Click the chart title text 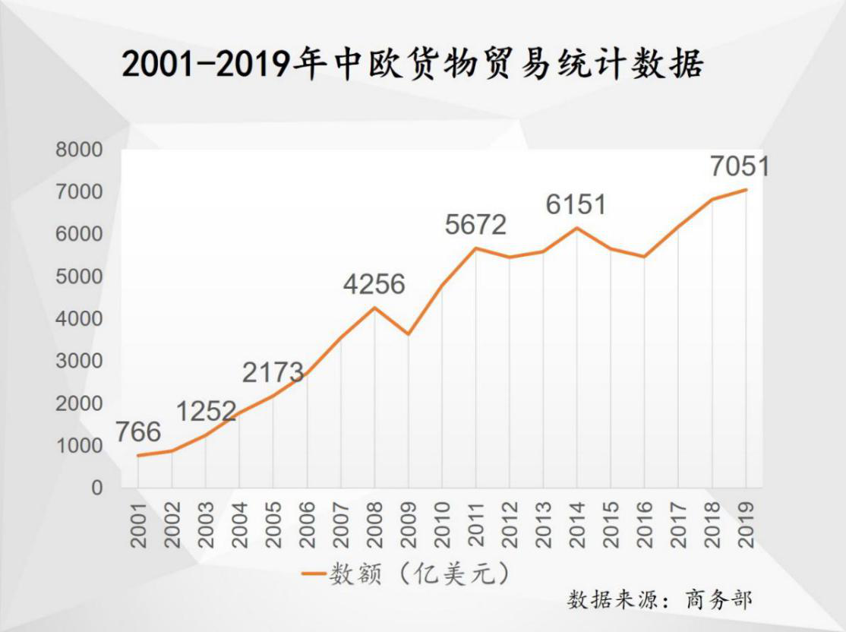(x=412, y=65)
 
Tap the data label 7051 (x=740, y=166)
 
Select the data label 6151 (x=576, y=204)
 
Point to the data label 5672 (x=476, y=225)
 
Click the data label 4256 (x=374, y=285)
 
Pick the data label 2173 (x=273, y=373)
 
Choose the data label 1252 (x=206, y=411)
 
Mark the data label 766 (x=138, y=432)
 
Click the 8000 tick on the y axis (x=78, y=150)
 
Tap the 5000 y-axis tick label (x=78, y=276)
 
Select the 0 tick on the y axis (x=96, y=488)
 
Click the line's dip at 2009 (x=409, y=334)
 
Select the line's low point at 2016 (x=644, y=257)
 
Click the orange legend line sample (x=313, y=574)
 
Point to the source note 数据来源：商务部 (x=659, y=599)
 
